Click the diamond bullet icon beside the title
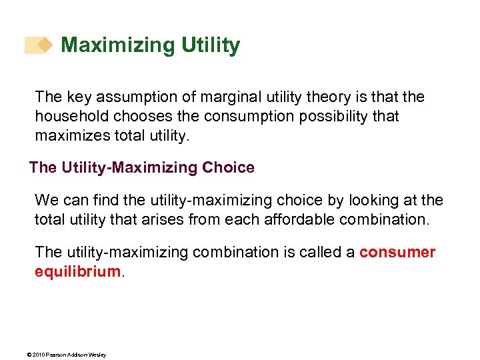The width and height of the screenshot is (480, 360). pyautogui.click(x=44, y=45)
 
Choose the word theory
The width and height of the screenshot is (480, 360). pyautogui.click(x=319, y=97)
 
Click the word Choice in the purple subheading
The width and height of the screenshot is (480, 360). pyautogui.click(x=227, y=167)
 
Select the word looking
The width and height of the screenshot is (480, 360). pyautogui.click(x=369, y=200)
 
